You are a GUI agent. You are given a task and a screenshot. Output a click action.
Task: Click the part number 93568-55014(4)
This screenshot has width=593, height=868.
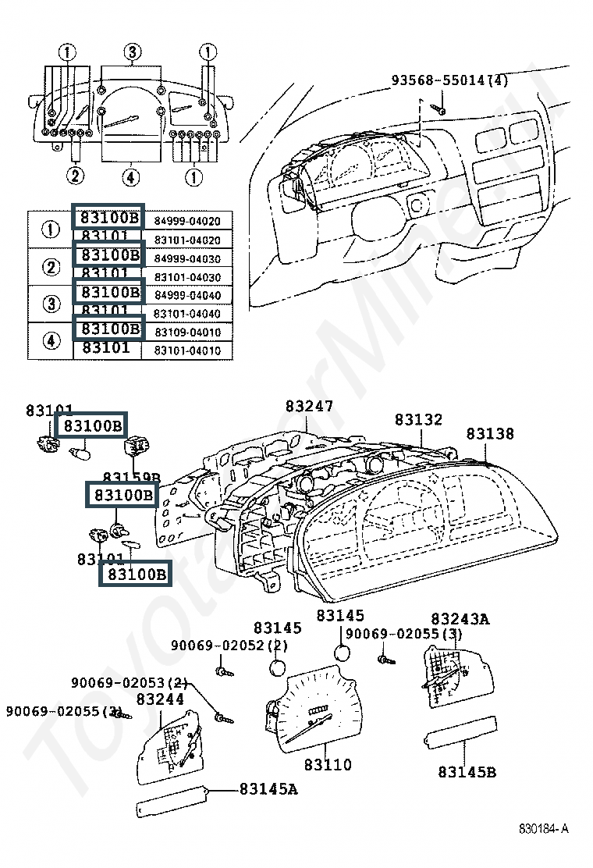[449, 80]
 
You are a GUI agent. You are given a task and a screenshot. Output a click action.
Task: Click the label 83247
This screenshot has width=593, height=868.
[309, 407]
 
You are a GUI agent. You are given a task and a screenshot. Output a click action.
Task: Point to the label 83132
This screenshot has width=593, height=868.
[418, 420]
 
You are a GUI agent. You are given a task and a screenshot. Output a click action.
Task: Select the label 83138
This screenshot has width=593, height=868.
[491, 434]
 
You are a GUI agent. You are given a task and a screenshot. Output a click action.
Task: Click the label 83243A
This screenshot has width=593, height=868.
[460, 620]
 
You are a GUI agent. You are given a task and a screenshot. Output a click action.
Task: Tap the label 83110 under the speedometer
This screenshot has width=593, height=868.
[328, 765]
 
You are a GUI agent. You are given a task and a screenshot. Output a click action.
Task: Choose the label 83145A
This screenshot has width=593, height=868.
[268, 789]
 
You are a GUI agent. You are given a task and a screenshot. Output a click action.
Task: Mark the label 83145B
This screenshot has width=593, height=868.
[467, 772]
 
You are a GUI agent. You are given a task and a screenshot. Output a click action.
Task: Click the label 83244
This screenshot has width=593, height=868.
[160, 700]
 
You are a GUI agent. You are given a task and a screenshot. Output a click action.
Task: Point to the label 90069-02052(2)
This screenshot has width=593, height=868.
[229, 646]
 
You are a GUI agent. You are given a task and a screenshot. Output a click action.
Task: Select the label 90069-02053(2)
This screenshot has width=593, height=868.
[130, 683]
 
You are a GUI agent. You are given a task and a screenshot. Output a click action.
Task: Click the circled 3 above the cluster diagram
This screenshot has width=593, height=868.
[132, 53]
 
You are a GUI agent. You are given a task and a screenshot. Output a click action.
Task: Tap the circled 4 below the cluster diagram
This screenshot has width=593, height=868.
[131, 177]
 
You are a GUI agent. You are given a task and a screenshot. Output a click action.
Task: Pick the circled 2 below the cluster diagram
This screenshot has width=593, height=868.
[75, 176]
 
